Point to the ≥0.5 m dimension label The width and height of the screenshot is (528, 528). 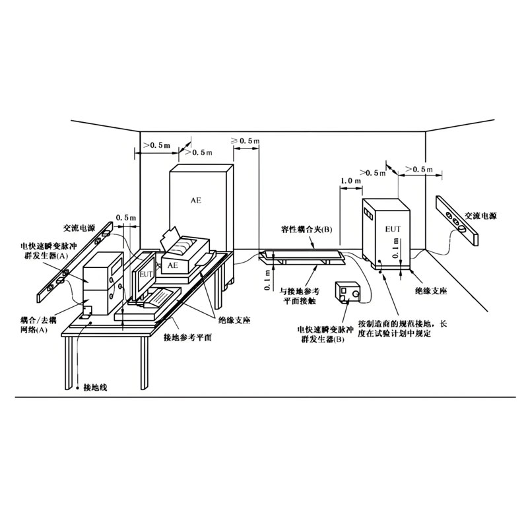point(245,141)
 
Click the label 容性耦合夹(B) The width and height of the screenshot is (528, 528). point(306,229)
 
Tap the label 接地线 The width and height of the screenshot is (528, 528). point(95,387)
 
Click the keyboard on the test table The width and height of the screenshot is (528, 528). point(158,300)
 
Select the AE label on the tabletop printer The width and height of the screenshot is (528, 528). point(172,265)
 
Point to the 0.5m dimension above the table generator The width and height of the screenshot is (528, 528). point(126,218)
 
